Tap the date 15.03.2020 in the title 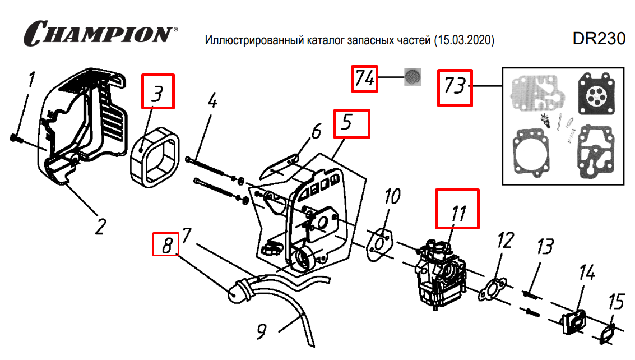pyautogui.click(x=463, y=41)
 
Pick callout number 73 pyautogui.click(x=455, y=87)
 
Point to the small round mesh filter pyautogui.click(x=413, y=77)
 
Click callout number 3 pyautogui.click(x=157, y=91)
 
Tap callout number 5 pyautogui.click(x=352, y=124)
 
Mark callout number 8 pyautogui.click(x=166, y=246)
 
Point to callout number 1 pyautogui.click(x=31, y=82)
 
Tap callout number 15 pyautogui.click(x=615, y=303)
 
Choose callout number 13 pyautogui.click(x=544, y=247)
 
